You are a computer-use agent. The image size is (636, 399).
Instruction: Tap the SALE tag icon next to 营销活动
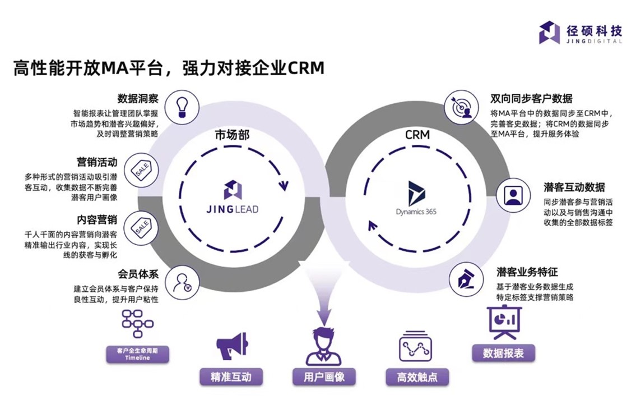(x=141, y=171)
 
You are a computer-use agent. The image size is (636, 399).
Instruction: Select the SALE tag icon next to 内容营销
(x=140, y=226)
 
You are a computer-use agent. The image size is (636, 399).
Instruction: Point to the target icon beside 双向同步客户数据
(x=459, y=107)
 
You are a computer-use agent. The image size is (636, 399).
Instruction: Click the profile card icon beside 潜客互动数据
(x=512, y=194)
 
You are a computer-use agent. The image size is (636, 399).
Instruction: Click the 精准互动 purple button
(x=231, y=377)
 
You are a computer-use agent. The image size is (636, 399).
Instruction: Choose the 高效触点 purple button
(x=417, y=377)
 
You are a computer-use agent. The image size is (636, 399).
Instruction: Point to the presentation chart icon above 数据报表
(x=503, y=323)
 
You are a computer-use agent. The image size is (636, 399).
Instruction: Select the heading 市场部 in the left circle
(x=231, y=136)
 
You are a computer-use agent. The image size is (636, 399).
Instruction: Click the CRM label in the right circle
(x=417, y=136)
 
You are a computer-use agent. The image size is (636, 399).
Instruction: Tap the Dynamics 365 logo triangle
(x=416, y=194)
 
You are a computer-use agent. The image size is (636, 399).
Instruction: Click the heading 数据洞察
(x=138, y=99)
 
